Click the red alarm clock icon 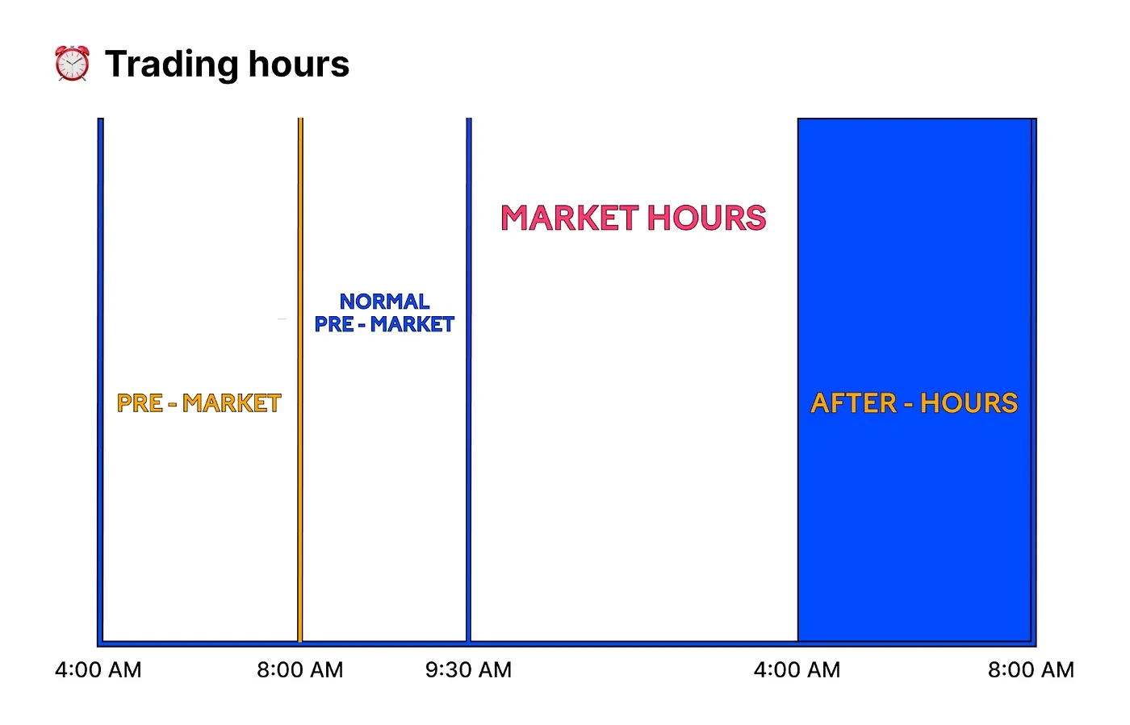pyautogui.click(x=72, y=63)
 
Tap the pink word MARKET pyautogui.click(x=570, y=218)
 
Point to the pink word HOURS pyautogui.click(x=707, y=218)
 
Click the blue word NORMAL pyautogui.click(x=384, y=302)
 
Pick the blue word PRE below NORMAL pyautogui.click(x=334, y=324)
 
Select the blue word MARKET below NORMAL pyautogui.click(x=412, y=324)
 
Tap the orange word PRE pyautogui.click(x=140, y=403)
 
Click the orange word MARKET pyautogui.click(x=232, y=403)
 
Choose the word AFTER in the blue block pyautogui.click(x=854, y=403)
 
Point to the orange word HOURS pyautogui.click(x=969, y=403)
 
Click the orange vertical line pyautogui.click(x=300, y=380)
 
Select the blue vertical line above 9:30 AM pyautogui.click(x=469, y=380)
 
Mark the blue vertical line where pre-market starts pyautogui.click(x=100, y=380)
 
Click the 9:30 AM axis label pyautogui.click(x=468, y=670)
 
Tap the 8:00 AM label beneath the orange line pyautogui.click(x=299, y=670)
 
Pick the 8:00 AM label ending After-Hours pyautogui.click(x=1031, y=670)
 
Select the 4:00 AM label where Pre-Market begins pyautogui.click(x=98, y=670)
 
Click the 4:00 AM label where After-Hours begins pyautogui.click(x=797, y=670)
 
